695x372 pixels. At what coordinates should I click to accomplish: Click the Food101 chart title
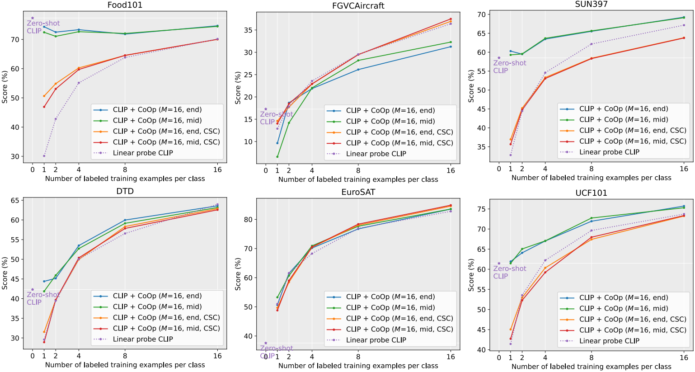click(x=125, y=5)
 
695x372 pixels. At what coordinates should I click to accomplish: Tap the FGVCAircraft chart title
click(x=358, y=6)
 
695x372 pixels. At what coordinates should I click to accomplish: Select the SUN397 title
click(x=591, y=4)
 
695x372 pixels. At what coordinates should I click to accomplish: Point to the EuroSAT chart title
click(x=358, y=192)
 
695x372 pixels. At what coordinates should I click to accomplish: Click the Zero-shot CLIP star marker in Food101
click(x=33, y=18)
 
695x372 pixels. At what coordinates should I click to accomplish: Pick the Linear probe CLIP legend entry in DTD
click(x=143, y=339)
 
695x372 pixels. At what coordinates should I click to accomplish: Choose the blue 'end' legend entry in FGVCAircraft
click(x=390, y=110)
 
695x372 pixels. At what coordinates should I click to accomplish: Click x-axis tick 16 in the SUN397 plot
click(x=684, y=169)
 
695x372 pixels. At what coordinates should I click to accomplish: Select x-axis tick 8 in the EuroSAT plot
click(x=358, y=356)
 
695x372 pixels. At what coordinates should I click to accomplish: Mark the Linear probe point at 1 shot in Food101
click(x=44, y=156)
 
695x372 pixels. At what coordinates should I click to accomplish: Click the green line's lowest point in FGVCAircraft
click(x=277, y=157)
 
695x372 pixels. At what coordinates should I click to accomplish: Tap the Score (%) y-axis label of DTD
click(x=5, y=273)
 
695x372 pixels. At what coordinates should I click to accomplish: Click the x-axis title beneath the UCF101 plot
click(x=591, y=367)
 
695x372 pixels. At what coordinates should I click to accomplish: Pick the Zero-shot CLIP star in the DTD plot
click(x=33, y=290)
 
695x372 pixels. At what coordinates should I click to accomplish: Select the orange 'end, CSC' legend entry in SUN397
click(x=633, y=130)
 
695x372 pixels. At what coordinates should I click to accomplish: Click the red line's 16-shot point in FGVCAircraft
click(x=451, y=19)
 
